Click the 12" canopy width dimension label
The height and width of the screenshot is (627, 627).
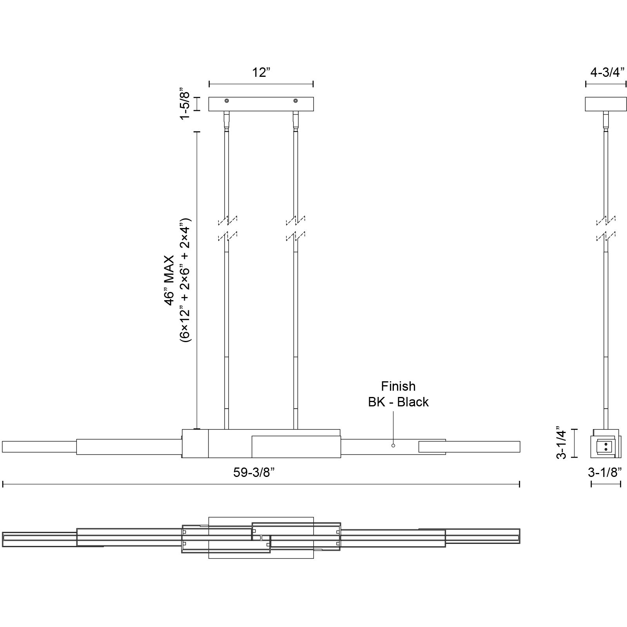(x=261, y=72)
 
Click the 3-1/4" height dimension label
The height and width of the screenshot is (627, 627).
(x=562, y=442)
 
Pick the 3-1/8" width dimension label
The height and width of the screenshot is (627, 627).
(x=605, y=473)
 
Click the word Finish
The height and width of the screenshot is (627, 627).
(x=398, y=386)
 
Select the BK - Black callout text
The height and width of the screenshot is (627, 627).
(x=398, y=402)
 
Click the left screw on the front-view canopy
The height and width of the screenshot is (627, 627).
(x=227, y=101)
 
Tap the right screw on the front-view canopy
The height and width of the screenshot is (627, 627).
(x=295, y=101)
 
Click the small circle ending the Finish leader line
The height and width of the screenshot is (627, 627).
(x=393, y=446)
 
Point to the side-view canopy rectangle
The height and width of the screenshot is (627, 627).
(x=605, y=104)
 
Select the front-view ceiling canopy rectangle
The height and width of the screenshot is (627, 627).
(x=261, y=104)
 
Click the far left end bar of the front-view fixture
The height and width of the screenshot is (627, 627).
(x=39, y=446)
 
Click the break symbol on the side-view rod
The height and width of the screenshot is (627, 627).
(x=606, y=228)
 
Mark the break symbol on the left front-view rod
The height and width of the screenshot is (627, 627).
(x=227, y=228)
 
